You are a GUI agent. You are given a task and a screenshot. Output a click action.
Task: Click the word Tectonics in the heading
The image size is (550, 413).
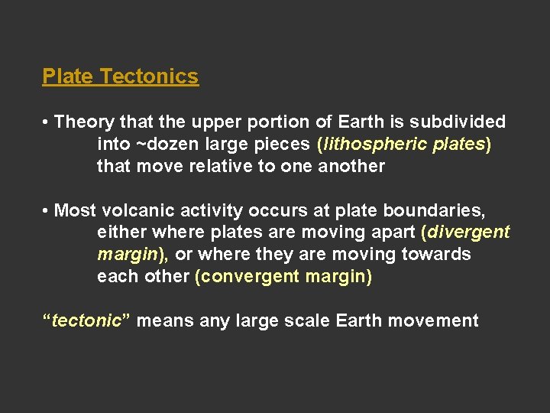(x=149, y=76)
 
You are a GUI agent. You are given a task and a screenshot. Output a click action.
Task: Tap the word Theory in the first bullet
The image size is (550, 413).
(x=81, y=122)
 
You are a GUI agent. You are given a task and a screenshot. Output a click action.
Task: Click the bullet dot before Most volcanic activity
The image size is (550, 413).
(x=47, y=210)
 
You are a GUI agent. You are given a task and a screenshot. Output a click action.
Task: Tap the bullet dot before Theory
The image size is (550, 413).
(x=47, y=122)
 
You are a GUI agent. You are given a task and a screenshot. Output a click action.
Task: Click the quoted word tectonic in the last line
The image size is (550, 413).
(x=86, y=320)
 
